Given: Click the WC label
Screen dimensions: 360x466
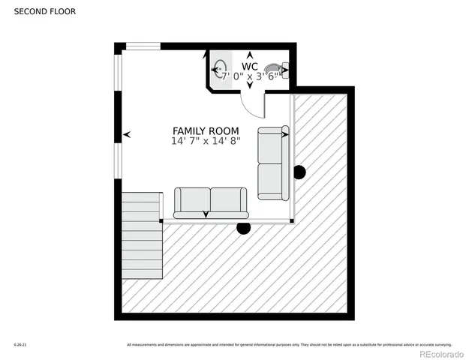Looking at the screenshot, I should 250,66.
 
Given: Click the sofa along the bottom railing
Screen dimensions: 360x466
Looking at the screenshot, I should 210,202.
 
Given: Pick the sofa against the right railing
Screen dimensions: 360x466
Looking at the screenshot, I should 272,163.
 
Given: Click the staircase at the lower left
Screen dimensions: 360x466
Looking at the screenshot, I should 142,235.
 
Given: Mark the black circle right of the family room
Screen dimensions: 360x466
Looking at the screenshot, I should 299,172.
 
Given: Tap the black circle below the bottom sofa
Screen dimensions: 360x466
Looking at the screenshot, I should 243,228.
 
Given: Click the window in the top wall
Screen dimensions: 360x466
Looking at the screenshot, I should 143,46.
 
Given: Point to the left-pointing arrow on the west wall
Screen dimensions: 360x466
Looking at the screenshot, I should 127,134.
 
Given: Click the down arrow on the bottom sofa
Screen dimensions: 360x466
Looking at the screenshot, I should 206,215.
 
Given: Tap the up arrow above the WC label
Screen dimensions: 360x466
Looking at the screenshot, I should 250,55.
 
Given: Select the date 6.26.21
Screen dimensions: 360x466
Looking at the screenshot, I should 20,345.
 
